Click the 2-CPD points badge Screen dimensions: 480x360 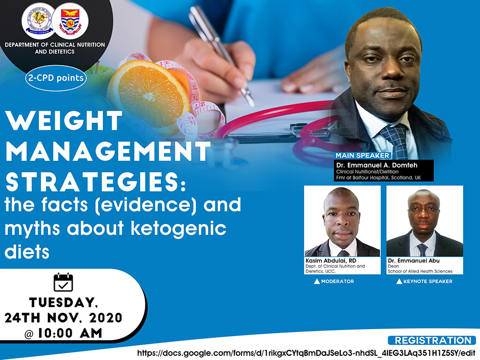pos(56,78)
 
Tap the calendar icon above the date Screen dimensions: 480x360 pos(63,282)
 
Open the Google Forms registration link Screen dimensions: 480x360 pos(307,353)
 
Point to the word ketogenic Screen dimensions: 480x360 pos(179,228)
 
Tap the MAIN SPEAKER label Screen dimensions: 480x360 pos(362,156)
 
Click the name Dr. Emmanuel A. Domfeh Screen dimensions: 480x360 pos(377,165)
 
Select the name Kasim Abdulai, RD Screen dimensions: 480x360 pos(331,261)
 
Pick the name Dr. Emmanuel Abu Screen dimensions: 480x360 pos(413,261)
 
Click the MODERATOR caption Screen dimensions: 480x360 pos(334,281)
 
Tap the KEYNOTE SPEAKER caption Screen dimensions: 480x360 pos(424,281)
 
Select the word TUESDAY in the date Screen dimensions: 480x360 pos(63,302)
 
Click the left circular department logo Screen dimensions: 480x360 pos(38,21)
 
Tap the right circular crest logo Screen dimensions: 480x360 pos(70,21)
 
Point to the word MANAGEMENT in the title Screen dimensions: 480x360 pos(108,151)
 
